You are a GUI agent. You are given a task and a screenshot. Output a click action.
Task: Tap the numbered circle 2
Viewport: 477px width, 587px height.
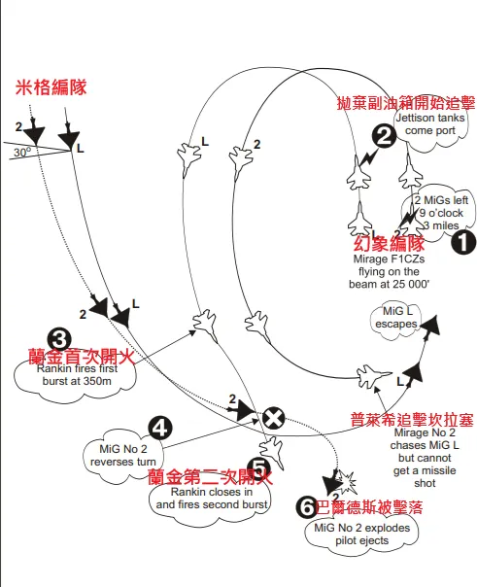(383, 137)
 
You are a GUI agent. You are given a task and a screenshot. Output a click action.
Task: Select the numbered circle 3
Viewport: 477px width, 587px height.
(58, 339)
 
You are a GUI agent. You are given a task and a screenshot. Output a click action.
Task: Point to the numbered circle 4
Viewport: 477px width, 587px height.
(160, 428)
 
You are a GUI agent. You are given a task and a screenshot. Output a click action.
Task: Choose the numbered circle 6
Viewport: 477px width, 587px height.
(306, 505)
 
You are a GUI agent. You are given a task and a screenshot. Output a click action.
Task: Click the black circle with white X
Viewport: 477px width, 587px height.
(274, 417)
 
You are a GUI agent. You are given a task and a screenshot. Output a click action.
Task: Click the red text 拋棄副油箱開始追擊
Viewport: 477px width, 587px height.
(405, 103)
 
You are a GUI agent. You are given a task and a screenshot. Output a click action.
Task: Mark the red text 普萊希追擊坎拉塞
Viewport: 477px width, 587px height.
(412, 421)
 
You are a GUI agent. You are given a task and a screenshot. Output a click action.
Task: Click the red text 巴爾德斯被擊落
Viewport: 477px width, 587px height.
(374, 507)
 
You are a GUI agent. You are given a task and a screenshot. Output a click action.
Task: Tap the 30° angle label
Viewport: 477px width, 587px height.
(21, 153)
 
